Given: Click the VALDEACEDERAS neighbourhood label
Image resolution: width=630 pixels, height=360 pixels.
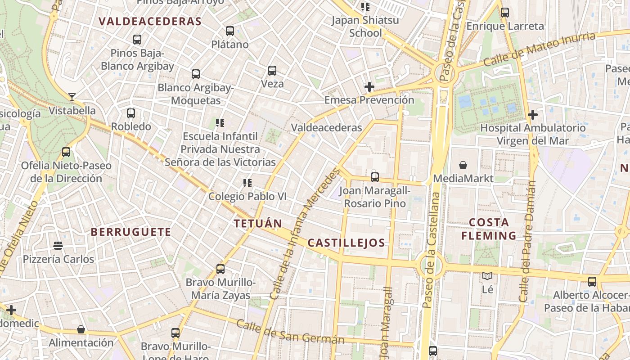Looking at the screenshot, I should [150, 21].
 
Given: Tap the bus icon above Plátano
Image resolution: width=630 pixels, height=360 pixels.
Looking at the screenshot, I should [230, 31].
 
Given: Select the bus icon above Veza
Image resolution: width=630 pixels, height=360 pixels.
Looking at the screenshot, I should [272, 71].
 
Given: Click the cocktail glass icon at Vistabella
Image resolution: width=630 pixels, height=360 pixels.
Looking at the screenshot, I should [72, 97].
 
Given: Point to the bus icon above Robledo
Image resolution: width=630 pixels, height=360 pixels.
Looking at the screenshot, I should [131, 113].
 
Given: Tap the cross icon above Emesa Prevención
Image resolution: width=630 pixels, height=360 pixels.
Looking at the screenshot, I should [369, 86].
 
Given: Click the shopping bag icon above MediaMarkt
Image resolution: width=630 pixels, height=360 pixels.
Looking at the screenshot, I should [463, 165].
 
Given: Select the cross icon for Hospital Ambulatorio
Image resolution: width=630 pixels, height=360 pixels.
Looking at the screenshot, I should [533, 115].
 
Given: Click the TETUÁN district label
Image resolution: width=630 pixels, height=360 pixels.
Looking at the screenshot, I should [258, 223].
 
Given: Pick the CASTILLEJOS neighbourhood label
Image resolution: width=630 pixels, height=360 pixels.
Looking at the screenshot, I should [346, 243].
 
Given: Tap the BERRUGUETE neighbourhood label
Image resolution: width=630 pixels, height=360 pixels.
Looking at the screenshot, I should [131, 232].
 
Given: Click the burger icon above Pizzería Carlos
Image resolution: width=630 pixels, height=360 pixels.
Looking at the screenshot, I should [58, 246].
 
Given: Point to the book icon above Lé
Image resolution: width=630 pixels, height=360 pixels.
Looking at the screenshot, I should [487, 275].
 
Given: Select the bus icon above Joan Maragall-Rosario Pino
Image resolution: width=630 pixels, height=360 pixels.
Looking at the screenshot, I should [375, 177].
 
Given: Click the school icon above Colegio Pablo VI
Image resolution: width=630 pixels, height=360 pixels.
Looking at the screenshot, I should [247, 183].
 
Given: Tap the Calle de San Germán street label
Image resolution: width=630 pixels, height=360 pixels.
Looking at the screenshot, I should [290, 332].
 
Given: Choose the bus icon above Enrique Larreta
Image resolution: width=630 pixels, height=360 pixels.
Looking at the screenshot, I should [505, 13].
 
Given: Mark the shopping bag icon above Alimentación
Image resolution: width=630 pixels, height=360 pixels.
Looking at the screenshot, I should [81, 329].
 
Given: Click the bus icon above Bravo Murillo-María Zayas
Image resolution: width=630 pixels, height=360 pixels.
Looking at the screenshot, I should [220, 269].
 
